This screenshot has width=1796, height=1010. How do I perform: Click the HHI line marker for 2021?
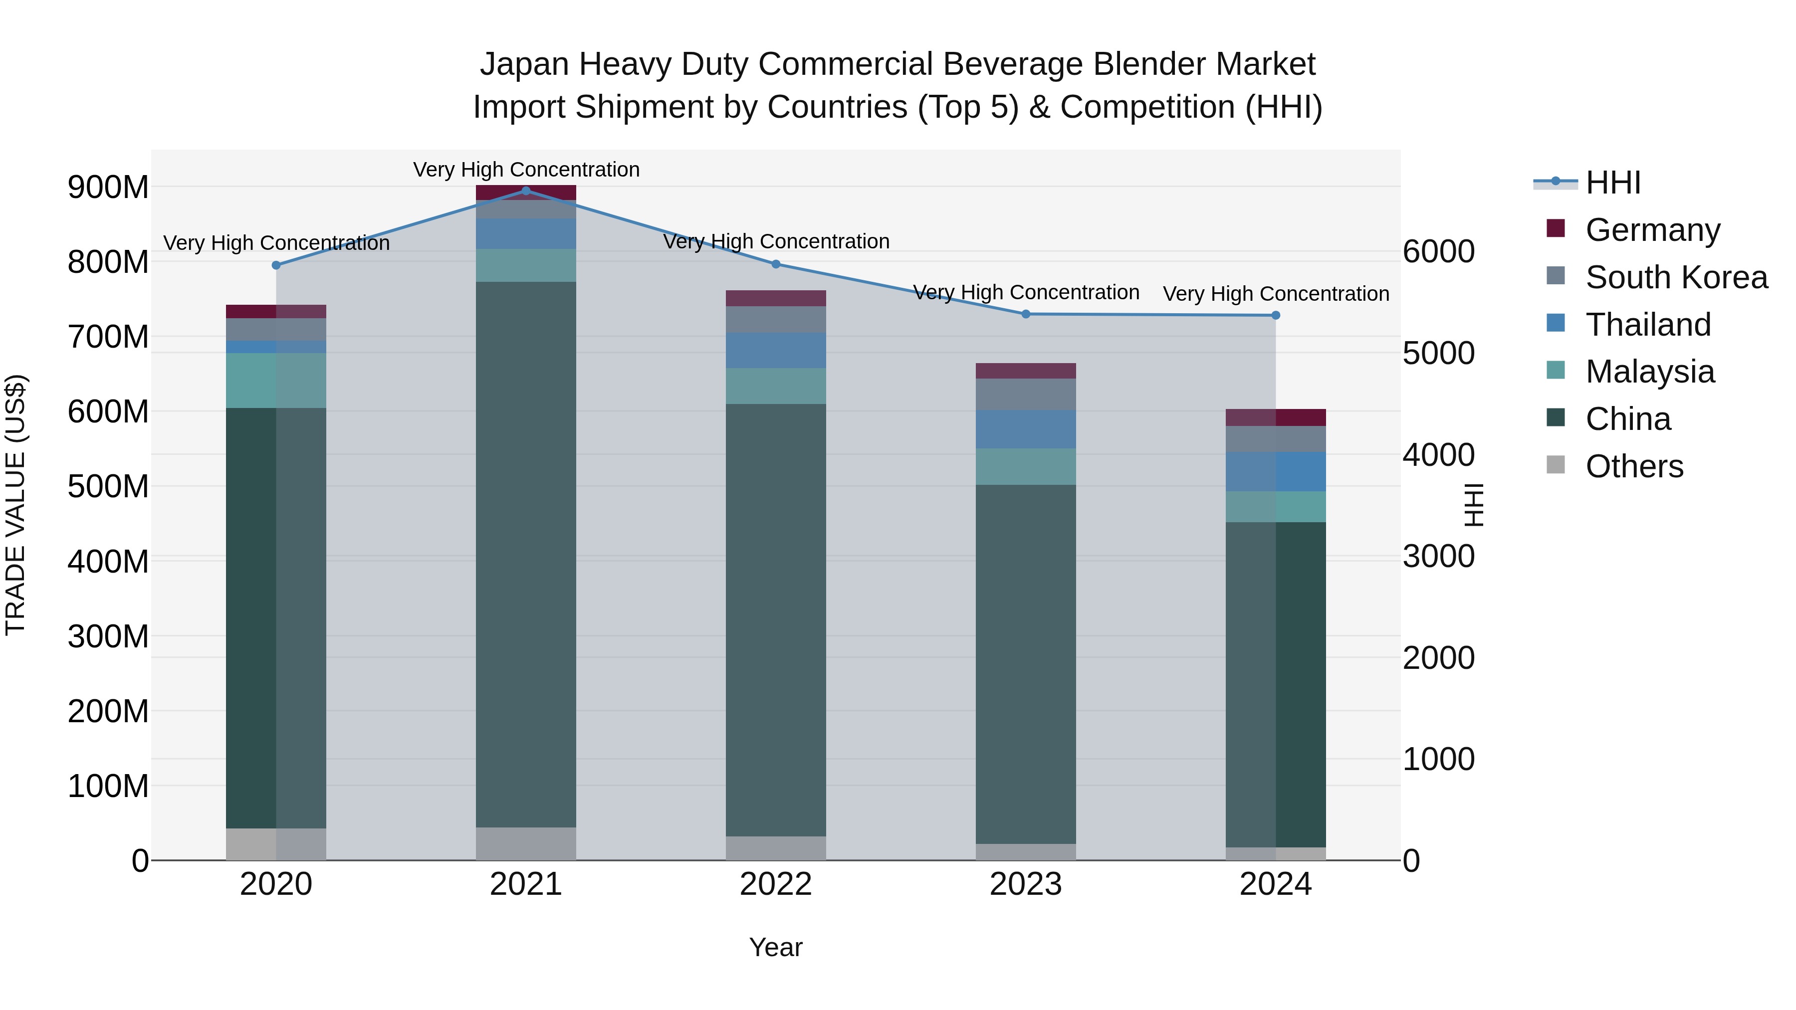pos(526,191)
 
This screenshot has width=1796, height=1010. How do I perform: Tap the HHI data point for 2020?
pos(276,265)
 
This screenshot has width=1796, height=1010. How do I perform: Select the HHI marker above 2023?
pos(1026,314)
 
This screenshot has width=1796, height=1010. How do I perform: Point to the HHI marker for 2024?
pos(1275,315)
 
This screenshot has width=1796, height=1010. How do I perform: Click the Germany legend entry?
pos(1652,229)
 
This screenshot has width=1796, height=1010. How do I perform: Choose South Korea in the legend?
pos(1676,277)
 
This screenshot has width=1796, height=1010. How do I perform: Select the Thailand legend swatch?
pos(1556,323)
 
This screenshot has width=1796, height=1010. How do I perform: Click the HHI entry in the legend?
pos(1612,183)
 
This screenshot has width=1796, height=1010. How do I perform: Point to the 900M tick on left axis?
pos(108,187)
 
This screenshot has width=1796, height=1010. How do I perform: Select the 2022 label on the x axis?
pos(775,884)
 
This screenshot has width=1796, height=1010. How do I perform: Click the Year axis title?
pos(775,947)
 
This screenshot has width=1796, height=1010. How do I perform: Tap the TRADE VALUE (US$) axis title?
pos(15,505)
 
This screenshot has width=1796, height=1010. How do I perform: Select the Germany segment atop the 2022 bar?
pos(775,298)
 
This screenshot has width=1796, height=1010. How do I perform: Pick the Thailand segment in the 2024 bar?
pos(1275,471)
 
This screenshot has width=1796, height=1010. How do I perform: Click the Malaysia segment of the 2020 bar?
pos(276,380)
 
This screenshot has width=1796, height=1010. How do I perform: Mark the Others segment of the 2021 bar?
pos(526,843)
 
